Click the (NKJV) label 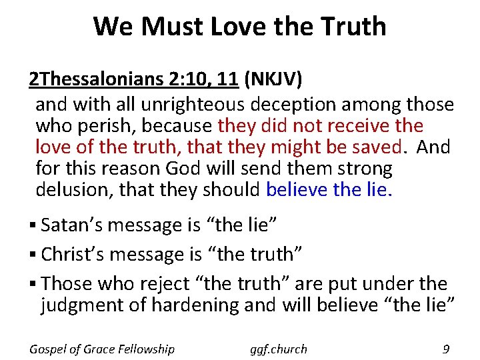point(273,79)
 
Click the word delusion point(74,189)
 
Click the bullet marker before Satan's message point(33,225)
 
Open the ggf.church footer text point(279,348)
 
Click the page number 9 point(445,348)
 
